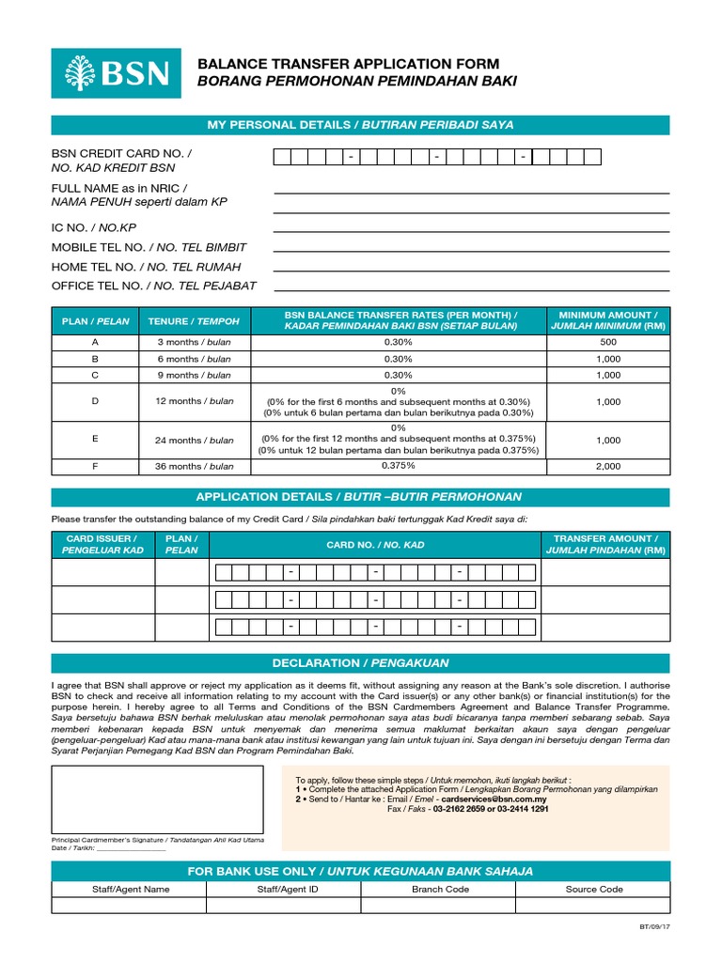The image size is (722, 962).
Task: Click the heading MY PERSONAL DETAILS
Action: pos(360,125)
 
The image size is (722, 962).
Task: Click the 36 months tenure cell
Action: pos(194,466)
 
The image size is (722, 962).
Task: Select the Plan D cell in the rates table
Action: pos(94,402)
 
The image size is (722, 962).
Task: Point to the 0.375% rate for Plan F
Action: pos(399,466)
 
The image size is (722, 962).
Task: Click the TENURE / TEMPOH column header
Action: pos(194,321)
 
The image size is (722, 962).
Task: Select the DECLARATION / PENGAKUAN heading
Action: pos(360,662)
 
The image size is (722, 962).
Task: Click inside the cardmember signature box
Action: pos(157,799)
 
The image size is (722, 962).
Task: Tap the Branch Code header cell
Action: pos(440,889)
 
